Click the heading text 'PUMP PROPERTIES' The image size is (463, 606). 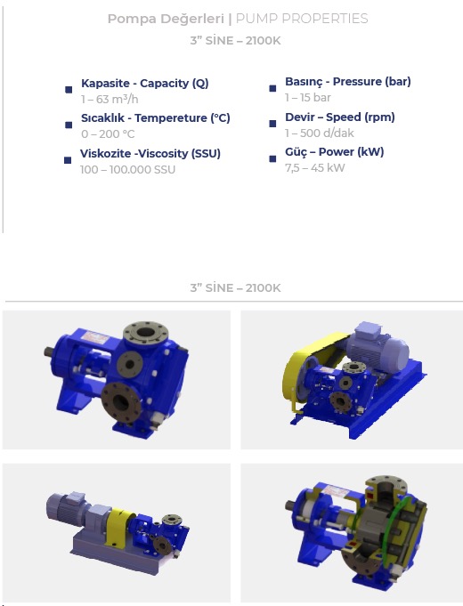click(x=302, y=19)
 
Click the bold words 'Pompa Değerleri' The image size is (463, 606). click(x=166, y=19)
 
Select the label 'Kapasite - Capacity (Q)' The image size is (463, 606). click(x=144, y=84)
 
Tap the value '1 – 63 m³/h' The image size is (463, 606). click(x=110, y=100)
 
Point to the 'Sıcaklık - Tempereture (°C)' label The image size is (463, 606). click(x=156, y=117)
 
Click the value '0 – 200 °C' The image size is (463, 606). click(x=108, y=134)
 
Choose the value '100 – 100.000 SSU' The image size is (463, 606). click(x=127, y=170)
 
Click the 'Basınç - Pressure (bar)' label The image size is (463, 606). click(x=348, y=82)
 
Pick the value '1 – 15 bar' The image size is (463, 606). click(x=308, y=98)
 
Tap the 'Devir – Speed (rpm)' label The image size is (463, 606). click(x=340, y=117)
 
